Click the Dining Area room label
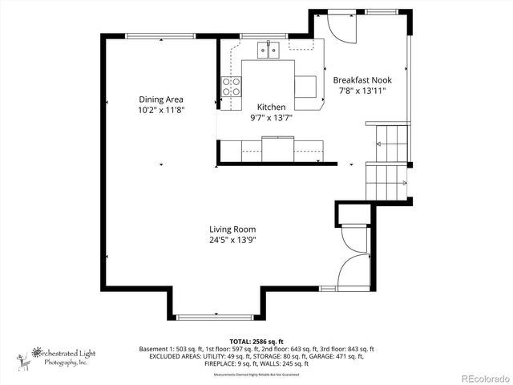(x=161, y=99)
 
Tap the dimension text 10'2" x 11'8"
(x=161, y=110)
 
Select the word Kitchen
(x=271, y=107)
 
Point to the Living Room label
(x=233, y=229)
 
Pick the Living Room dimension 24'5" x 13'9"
(x=233, y=239)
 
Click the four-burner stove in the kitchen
(x=231, y=87)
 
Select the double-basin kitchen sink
(x=268, y=51)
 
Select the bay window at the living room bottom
(x=216, y=316)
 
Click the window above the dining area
(x=160, y=34)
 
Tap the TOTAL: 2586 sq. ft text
(x=256, y=342)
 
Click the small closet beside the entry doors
(x=353, y=214)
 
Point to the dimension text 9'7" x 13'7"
(x=271, y=117)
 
